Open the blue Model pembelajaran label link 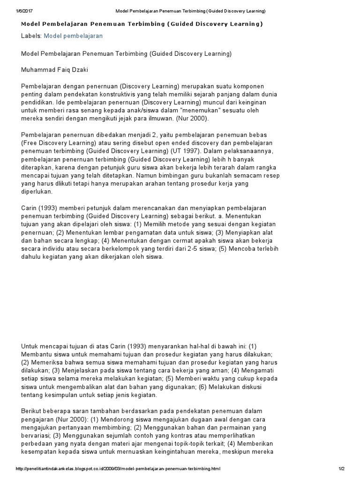click(x=73, y=36)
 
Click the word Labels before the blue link click(x=31, y=36)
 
